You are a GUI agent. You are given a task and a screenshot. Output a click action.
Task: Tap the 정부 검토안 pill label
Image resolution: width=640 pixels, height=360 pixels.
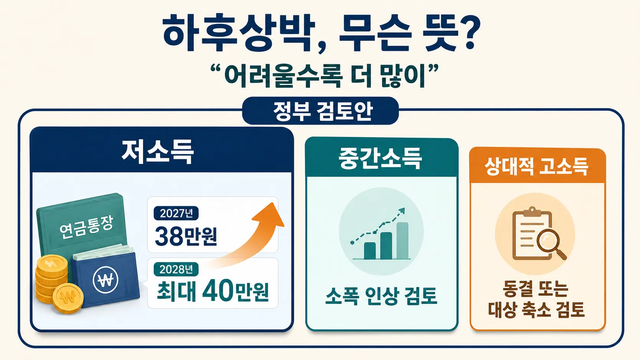click(320, 111)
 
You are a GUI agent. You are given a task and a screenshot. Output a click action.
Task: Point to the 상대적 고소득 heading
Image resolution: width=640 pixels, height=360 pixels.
click(536, 166)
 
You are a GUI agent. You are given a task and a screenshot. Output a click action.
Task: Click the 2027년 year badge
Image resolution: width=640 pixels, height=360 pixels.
click(176, 213)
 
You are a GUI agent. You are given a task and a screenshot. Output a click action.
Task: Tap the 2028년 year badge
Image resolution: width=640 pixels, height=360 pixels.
click(176, 269)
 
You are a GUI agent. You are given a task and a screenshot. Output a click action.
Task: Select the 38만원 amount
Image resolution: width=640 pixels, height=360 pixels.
click(186, 236)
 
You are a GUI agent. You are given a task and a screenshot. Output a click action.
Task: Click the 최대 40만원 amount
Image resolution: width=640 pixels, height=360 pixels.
click(213, 291)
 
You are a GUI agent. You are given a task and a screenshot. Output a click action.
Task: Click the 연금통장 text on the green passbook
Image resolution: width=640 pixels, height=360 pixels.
click(87, 227)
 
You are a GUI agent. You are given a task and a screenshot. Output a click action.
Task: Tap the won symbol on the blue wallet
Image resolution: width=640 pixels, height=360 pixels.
click(105, 280)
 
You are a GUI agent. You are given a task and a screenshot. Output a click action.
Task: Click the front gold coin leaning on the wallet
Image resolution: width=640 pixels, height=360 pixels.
click(68, 298)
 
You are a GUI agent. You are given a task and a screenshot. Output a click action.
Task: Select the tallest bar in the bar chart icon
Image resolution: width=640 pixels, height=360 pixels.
click(402, 241)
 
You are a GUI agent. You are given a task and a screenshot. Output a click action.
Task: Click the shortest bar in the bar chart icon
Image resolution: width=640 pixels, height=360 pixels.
click(370, 251)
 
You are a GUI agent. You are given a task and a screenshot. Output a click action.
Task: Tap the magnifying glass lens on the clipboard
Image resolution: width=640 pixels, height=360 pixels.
click(546, 240)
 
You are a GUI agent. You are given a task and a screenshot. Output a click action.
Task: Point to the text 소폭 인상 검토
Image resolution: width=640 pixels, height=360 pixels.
click(381, 296)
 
